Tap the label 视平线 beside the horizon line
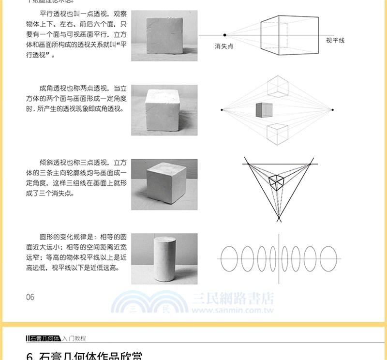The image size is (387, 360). pos(335,41)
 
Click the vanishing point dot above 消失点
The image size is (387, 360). pos(224,35)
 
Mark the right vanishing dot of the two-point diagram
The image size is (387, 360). pos(332,110)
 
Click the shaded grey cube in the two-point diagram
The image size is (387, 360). pos(264,110)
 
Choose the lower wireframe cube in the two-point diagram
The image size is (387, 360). pos(278,134)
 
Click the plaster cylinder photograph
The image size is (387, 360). pos(164,258)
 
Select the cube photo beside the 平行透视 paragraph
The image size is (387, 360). pos(164,36)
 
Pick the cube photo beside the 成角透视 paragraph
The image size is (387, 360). pos(164,110)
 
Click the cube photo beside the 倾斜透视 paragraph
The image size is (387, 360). pos(164,184)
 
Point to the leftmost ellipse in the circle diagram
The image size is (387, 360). pos(229,259)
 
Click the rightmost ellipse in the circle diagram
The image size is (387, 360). pos(329,259)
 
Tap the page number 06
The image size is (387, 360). pos(30,297)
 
